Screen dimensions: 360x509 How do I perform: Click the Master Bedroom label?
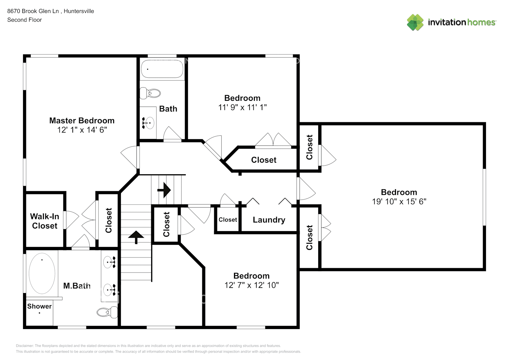82,121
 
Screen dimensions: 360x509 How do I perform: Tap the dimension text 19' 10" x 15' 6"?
399,202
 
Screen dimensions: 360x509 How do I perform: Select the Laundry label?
269,220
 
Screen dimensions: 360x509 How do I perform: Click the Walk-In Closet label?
44,221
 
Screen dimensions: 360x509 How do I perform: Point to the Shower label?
39,306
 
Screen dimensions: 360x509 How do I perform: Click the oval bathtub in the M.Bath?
42,273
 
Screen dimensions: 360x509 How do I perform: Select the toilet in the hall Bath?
150,93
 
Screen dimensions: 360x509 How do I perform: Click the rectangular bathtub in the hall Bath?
162,69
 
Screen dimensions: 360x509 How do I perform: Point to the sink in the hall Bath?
148,123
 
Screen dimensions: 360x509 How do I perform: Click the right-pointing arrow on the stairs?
164,190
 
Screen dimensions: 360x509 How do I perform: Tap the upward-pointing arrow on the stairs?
136,237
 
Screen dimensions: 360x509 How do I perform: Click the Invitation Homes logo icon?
415,22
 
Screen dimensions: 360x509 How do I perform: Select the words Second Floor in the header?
24,20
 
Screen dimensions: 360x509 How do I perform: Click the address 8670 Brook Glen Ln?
33,11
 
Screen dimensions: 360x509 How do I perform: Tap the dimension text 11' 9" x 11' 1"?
242,107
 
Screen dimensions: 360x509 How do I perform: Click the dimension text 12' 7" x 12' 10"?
251,285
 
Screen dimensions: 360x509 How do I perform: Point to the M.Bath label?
77,286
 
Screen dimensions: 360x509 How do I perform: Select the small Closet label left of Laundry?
228,220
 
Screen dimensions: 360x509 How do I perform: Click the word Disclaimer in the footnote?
24,346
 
